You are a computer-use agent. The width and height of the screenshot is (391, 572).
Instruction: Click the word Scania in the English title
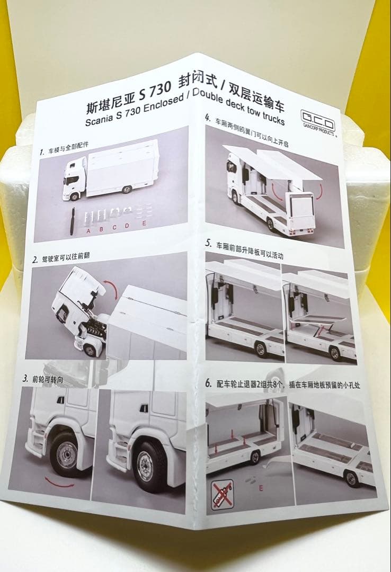tap(101, 120)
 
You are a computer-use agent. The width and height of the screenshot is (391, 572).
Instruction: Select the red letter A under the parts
tap(87, 230)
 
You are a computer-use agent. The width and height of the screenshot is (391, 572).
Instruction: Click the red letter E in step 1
tap(144, 225)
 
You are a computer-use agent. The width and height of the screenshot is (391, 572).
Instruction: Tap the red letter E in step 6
tap(261, 488)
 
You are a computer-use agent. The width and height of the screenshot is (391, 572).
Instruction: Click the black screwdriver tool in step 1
tap(72, 218)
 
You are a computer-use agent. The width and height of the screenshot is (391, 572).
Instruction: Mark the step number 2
tap(34, 260)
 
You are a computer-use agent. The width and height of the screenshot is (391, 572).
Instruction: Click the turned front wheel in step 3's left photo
tap(66, 454)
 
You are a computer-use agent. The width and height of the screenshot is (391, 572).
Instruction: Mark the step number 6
tap(208, 383)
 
